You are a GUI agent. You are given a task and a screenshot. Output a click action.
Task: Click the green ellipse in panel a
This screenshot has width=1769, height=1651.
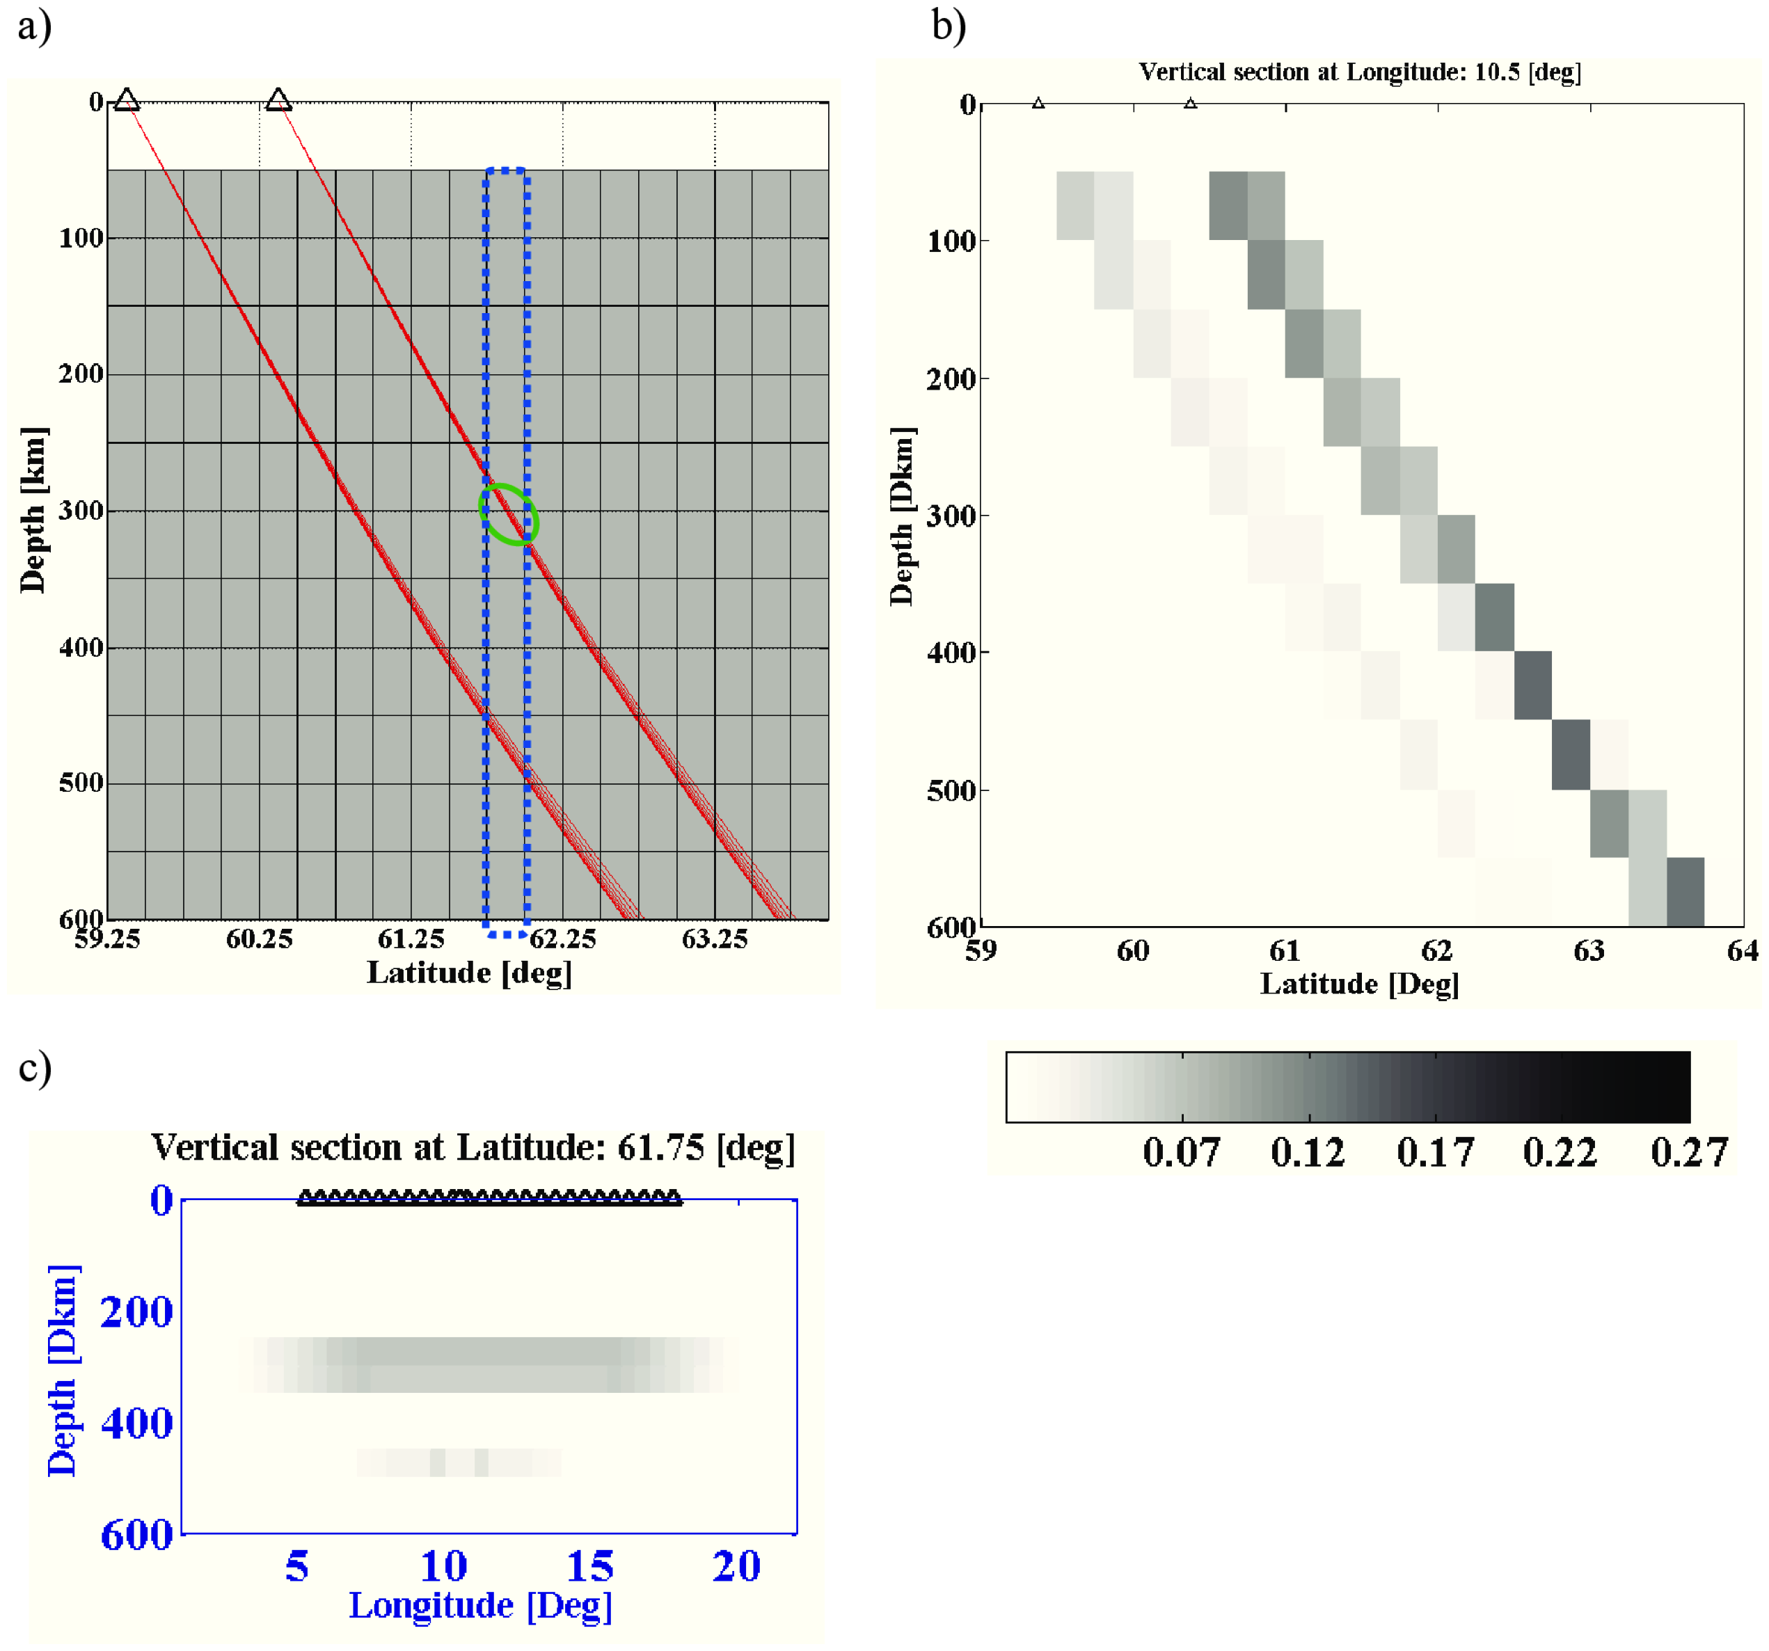pyautogui.click(x=509, y=514)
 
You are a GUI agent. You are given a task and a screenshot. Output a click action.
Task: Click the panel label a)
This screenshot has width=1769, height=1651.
pyautogui.click(x=35, y=25)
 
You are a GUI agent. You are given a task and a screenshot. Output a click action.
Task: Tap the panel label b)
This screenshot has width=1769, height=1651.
pyautogui.click(x=949, y=25)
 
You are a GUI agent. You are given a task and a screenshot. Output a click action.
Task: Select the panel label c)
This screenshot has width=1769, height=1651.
pyautogui.click(x=35, y=1067)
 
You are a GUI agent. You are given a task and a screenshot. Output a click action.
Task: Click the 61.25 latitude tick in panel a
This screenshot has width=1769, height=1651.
pyautogui.click(x=411, y=939)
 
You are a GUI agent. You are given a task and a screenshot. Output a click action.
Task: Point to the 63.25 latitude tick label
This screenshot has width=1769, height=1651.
pyautogui.click(x=715, y=939)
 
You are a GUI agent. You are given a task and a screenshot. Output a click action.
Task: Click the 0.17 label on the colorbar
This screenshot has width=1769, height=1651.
pyautogui.click(x=1435, y=1152)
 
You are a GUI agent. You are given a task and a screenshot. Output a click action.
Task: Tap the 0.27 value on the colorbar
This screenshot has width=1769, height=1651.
pyautogui.click(x=1689, y=1152)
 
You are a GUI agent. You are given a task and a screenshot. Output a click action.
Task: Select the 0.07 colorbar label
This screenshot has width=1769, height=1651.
pyautogui.click(x=1182, y=1152)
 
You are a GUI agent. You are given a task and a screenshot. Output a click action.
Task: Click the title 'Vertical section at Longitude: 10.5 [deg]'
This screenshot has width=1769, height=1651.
pyautogui.click(x=1360, y=72)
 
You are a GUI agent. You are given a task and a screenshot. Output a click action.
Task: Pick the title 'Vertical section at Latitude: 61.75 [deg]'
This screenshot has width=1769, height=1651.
pyautogui.click(x=473, y=1147)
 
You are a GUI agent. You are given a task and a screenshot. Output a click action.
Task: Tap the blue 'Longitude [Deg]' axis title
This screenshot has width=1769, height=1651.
pyautogui.click(x=480, y=1606)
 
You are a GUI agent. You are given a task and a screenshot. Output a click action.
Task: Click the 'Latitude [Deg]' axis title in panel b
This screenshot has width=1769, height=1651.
pyautogui.click(x=1360, y=984)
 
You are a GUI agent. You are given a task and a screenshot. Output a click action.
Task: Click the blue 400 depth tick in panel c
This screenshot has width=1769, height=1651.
pyautogui.click(x=137, y=1423)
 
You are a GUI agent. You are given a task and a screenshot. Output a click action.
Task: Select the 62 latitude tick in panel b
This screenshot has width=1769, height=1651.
pyautogui.click(x=1437, y=951)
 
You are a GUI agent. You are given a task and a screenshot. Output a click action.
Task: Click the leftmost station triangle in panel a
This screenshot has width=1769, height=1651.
pyautogui.click(x=127, y=99)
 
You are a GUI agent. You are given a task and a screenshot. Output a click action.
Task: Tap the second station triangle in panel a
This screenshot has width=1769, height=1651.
pyautogui.click(x=278, y=99)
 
